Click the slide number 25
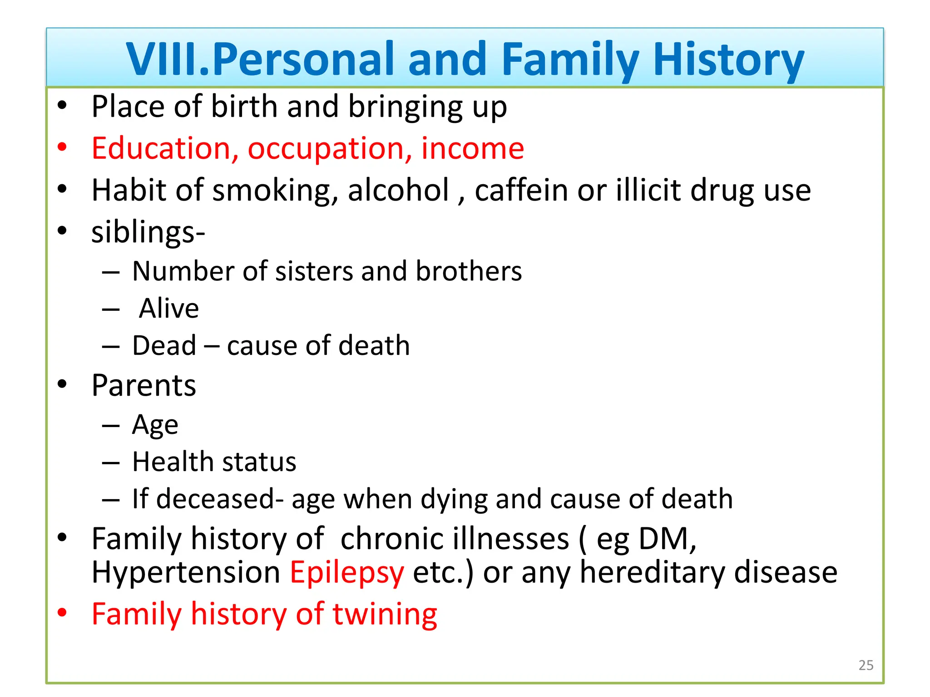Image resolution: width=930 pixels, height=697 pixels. point(866,665)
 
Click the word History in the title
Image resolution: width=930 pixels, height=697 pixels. point(728,59)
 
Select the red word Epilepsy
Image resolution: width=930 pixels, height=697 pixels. point(347,573)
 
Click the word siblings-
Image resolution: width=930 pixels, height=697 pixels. point(148,232)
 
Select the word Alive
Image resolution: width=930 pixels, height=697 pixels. point(169,309)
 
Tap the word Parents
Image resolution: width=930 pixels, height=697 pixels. point(143,386)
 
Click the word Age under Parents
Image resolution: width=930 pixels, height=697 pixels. point(155,426)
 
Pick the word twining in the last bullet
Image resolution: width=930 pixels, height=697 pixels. point(385,614)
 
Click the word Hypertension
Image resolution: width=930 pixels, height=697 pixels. point(186,573)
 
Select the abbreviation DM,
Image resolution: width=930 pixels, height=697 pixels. point(667,539)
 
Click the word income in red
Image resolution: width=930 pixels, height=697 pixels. point(472,148)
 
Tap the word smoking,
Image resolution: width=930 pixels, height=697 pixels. point(275,191)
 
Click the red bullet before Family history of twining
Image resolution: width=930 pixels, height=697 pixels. point(62,613)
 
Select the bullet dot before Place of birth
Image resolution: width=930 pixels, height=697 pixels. point(62,106)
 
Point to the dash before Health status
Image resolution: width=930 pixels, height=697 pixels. point(111,463)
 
